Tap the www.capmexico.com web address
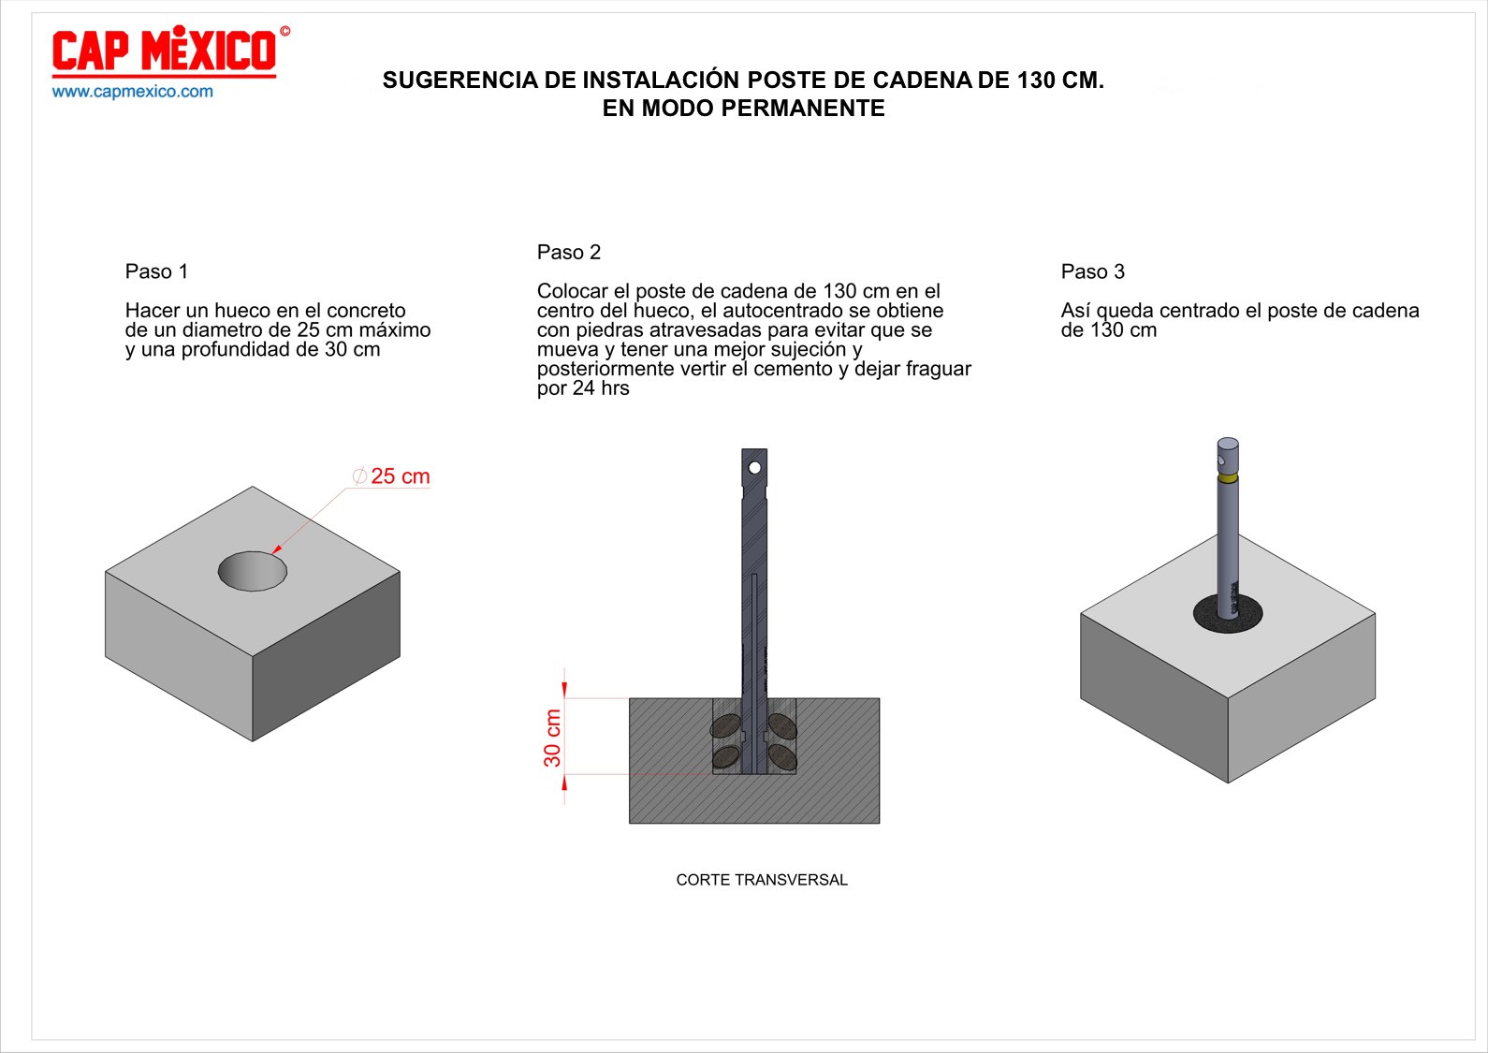pyautogui.click(x=132, y=92)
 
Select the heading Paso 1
pyautogui.click(x=156, y=271)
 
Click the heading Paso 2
pyautogui.click(x=569, y=252)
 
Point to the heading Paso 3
pyautogui.click(x=1093, y=271)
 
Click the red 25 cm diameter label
pyautogui.click(x=391, y=476)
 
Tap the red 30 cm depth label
pyautogui.click(x=553, y=738)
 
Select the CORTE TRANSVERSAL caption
pyautogui.click(x=762, y=880)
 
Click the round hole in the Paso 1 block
pyautogui.click(x=253, y=571)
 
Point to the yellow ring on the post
pyautogui.click(x=1228, y=477)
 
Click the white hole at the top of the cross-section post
pyautogui.click(x=754, y=468)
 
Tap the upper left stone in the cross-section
pyautogui.click(x=725, y=726)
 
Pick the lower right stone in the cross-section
pyautogui.click(x=781, y=756)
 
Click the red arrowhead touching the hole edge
pyautogui.click(x=277, y=549)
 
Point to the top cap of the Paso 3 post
pyautogui.click(x=1228, y=444)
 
